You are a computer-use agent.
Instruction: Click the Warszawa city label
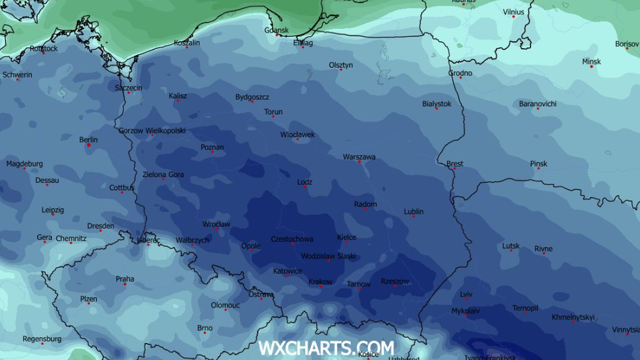359,157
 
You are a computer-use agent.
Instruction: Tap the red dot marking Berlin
89,145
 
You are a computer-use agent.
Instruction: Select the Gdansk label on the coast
276,30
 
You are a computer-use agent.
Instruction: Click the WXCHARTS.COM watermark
326,348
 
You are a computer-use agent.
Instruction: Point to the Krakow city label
320,282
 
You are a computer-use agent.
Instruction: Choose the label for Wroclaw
216,224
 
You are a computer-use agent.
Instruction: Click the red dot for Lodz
305,187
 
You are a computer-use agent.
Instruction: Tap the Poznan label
212,147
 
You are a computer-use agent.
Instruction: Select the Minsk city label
591,61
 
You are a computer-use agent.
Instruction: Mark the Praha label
125,279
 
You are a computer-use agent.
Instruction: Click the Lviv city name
466,294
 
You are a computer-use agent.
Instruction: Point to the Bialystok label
436,103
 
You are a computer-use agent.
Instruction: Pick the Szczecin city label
129,87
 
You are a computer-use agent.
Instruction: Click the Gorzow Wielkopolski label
152,130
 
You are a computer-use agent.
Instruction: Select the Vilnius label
513,12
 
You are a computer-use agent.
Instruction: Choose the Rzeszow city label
395,281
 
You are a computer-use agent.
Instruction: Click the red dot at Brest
454,169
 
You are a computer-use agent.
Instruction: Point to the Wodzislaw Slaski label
328,256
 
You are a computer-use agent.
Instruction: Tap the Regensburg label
42,339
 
